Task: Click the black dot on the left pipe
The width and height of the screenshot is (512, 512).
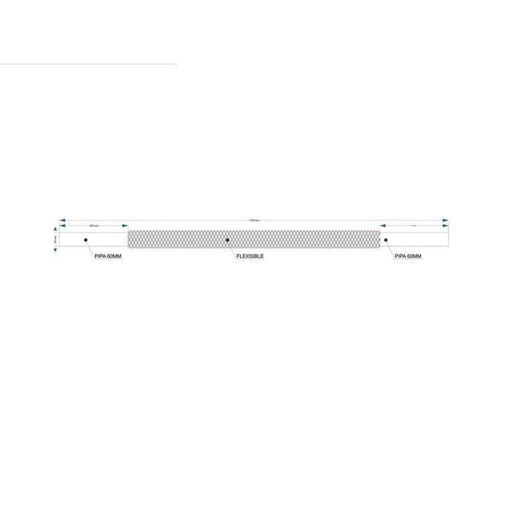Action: pos(86,240)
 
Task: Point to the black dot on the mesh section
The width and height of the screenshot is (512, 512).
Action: pos(227,240)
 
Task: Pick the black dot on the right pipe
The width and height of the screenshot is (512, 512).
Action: pos(385,240)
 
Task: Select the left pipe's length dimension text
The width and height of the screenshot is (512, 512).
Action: pos(94,225)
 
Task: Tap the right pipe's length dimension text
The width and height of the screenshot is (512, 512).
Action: pos(414,225)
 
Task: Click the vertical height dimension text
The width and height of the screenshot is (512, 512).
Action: pos(56,239)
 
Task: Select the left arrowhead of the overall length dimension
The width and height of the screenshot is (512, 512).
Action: pos(64,219)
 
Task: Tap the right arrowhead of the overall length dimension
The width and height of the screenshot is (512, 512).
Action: pos(445,219)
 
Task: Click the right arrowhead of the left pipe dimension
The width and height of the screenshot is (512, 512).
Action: pos(124,226)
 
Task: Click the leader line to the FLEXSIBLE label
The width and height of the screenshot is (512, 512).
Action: pos(233,247)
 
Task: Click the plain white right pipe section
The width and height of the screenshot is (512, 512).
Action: pos(421,240)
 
